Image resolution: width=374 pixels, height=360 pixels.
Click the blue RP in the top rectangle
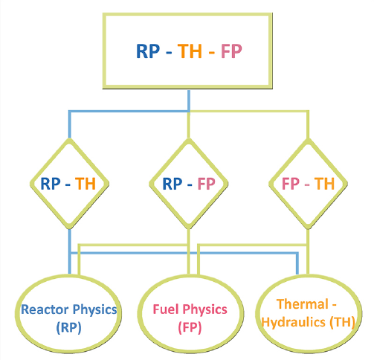point(148,51)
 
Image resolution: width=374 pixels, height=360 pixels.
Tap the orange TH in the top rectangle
point(190,51)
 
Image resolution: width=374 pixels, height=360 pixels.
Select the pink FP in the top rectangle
point(231,51)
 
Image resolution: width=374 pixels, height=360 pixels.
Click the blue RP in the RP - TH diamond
point(51,184)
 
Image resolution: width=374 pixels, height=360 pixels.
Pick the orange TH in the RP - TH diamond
point(86,184)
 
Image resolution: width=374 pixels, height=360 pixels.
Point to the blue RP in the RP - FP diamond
point(173,184)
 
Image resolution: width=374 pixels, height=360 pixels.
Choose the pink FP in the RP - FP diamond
point(206,184)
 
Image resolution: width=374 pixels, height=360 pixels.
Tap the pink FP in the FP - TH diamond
point(291,184)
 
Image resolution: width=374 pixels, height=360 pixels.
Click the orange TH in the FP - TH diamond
point(324,184)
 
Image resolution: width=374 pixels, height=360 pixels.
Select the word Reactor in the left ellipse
point(45,309)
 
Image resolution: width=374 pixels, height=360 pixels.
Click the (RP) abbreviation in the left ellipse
point(68,328)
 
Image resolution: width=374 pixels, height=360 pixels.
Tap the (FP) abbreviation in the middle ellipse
point(190,328)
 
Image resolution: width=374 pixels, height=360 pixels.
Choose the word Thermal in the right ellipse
point(303,304)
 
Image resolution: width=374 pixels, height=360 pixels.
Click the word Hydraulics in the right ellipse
point(293,323)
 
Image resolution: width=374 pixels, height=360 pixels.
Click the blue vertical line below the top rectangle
point(189,101)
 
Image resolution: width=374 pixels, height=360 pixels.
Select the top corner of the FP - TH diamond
point(308,140)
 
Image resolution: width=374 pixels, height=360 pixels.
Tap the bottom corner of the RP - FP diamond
point(189,228)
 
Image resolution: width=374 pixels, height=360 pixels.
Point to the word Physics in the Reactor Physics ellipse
point(94,310)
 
